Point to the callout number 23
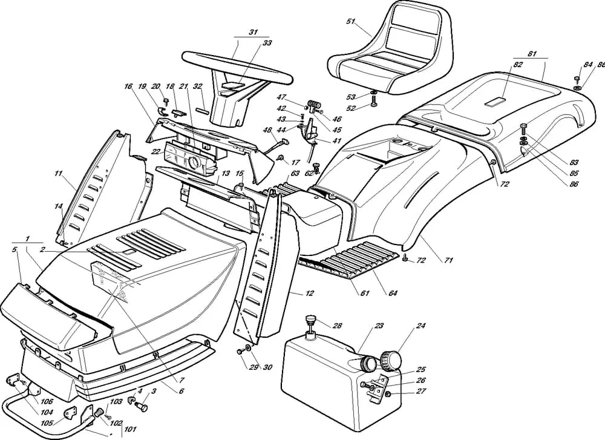[379, 326]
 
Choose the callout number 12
[310, 294]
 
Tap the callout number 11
[58, 174]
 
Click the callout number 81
[532, 54]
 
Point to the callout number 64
[393, 294]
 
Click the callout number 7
[181, 380]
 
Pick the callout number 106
[47, 401]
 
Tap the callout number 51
[350, 22]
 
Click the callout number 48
[267, 130]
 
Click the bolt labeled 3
[143, 407]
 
